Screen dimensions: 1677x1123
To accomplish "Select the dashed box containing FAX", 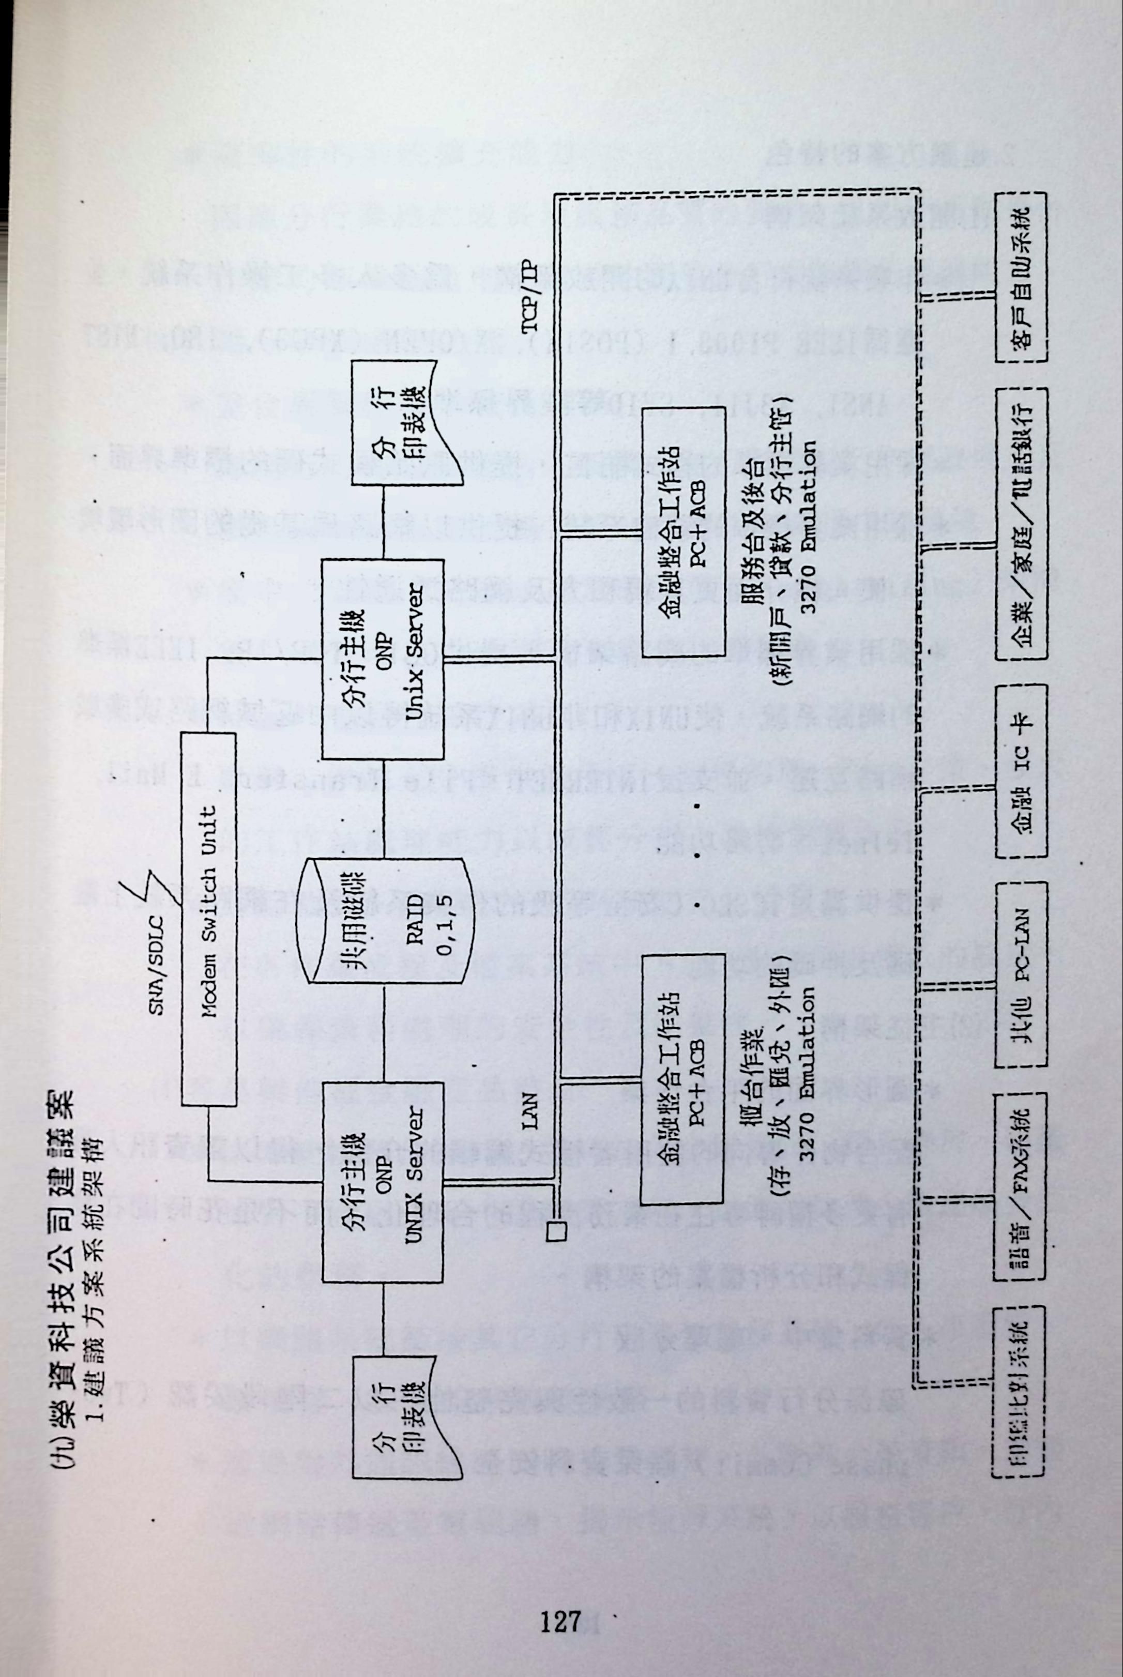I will (1021, 1186).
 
